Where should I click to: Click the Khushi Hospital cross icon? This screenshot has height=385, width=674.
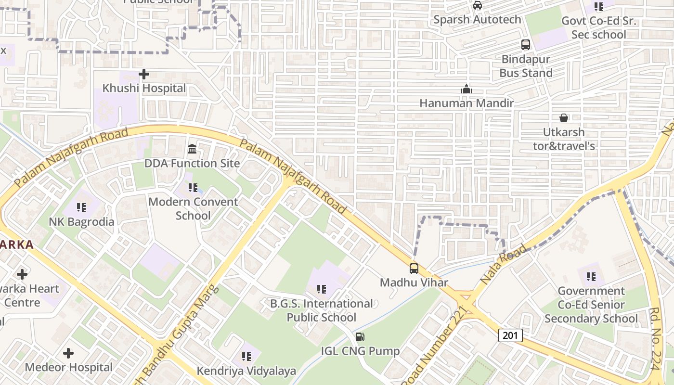point(143,74)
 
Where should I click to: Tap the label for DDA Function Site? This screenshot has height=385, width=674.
point(192,164)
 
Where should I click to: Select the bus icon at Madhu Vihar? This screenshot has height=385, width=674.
point(414,269)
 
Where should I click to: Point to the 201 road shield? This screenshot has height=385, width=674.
point(510,335)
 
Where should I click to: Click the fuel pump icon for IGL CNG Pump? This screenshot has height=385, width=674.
point(360,337)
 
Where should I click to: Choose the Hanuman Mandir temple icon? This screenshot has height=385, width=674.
point(466,89)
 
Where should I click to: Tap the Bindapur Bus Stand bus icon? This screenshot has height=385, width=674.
point(526,45)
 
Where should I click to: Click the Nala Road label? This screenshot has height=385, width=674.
point(503,264)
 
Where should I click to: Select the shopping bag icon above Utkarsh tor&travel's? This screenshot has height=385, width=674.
point(563,118)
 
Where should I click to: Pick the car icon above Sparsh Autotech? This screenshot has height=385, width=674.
point(477,5)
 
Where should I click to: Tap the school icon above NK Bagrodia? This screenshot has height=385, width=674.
point(81,207)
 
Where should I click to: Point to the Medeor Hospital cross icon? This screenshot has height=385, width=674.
point(68,353)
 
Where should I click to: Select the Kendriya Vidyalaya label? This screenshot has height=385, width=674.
point(246,371)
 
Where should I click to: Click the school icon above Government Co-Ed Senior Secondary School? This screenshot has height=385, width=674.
point(591,277)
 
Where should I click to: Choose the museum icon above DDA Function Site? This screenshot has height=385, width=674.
point(192,149)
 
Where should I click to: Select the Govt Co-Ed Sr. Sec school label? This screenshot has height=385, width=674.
point(599,28)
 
